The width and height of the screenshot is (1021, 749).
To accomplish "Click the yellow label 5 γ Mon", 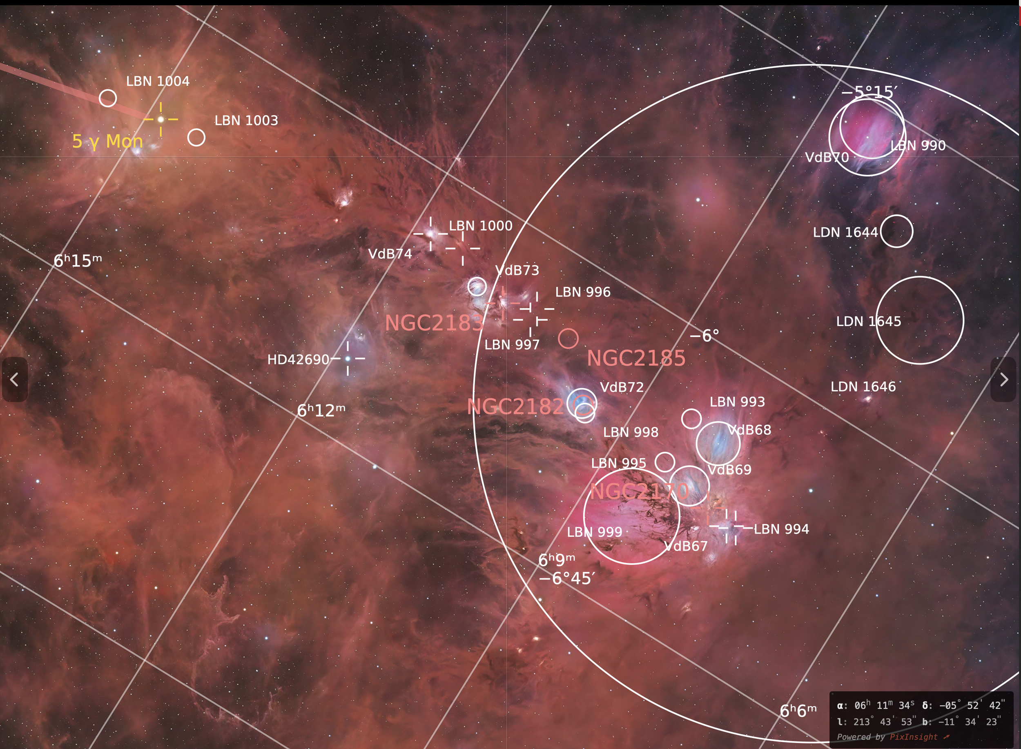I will pos(107,142).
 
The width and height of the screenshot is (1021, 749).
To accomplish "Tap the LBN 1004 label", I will pos(157,82).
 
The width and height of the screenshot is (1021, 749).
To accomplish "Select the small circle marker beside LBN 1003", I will pos(196,138).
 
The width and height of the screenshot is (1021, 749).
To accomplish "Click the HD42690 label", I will pos(298,360).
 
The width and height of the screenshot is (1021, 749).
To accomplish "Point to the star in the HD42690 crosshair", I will pos(348,359).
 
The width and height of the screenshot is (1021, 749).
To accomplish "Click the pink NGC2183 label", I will pos(434,323).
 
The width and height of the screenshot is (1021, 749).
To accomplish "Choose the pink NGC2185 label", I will pos(636,359).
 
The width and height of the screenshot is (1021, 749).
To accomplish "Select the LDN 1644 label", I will pos(845,233).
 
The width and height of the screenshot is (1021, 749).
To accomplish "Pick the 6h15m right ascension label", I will pos(78,261).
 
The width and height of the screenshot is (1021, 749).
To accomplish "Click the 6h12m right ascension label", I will pos(321,410).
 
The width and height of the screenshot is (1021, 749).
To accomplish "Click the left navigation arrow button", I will pos(15,380).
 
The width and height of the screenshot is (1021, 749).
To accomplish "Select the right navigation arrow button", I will pos(1004,380).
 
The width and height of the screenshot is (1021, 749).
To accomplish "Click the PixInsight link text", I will pos(913,737).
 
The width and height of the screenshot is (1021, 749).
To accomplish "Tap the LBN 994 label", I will pos(781,529).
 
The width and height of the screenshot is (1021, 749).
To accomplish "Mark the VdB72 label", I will pos(622,387).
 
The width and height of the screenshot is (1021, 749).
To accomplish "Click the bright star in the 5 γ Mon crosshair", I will pos(161,119).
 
